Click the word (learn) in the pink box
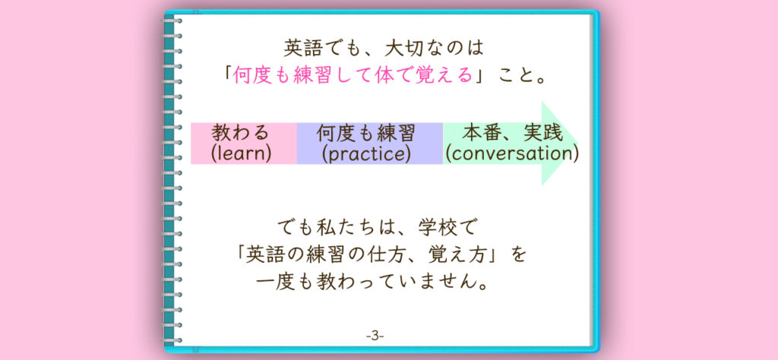[241, 153]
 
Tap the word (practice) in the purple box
[366, 153]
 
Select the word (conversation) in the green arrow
[511, 153]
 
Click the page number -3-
[375, 336]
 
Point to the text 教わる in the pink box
[240, 134]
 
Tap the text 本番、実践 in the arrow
[512, 133]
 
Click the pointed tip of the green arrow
[578, 144]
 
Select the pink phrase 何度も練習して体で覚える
[353, 77]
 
